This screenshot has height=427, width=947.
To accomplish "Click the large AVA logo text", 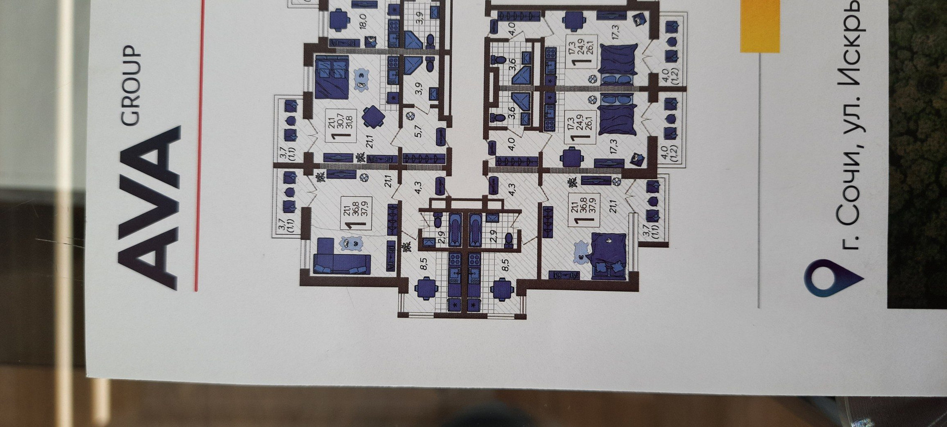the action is coord(148,207).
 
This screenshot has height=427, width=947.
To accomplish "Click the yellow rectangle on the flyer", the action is coord(759,25).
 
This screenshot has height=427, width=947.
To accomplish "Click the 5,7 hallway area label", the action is coord(418,131).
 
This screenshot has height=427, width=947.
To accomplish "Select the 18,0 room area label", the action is coord(363,22).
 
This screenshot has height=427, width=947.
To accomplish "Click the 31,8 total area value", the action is coord(349,125).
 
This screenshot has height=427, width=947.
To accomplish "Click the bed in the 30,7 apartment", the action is coord(331,77).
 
